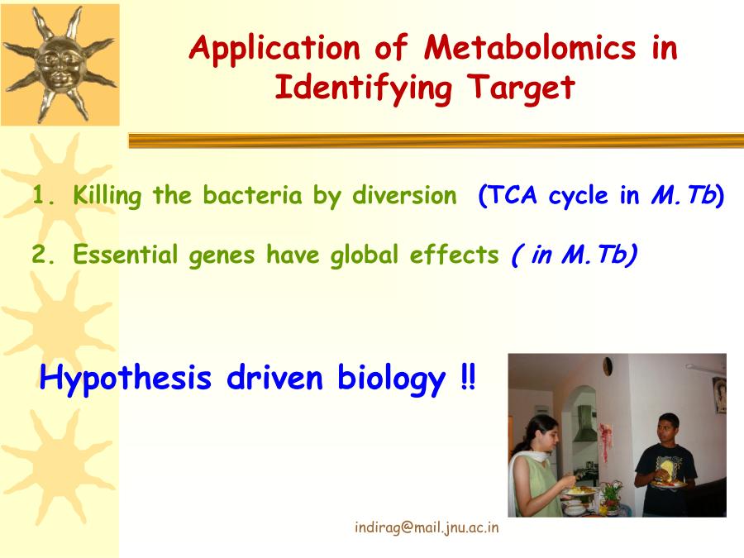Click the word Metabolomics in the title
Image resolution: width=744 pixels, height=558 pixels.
[530, 47]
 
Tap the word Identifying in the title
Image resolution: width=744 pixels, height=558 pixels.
[363, 89]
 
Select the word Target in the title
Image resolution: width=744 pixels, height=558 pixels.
[521, 89]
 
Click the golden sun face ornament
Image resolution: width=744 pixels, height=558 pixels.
[60, 65]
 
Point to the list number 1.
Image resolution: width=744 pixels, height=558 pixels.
[42, 195]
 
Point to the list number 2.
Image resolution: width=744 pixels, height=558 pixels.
[43, 255]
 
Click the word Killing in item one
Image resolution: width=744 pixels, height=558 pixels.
[107, 196]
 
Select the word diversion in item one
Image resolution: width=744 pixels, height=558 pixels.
[404, 195]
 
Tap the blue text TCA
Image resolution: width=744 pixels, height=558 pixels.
[513, 195]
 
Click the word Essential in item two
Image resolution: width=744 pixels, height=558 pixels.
[125, 255]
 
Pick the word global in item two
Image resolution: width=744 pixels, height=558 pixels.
[365, 255]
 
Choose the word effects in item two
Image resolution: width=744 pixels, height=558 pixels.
[454, 255]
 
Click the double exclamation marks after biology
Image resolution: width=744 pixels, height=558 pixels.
[468, 377]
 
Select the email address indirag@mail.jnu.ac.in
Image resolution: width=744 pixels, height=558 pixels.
[427, 527]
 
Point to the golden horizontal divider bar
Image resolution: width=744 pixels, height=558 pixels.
[436, 141]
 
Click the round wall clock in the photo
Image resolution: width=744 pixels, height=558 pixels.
[608, 366]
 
